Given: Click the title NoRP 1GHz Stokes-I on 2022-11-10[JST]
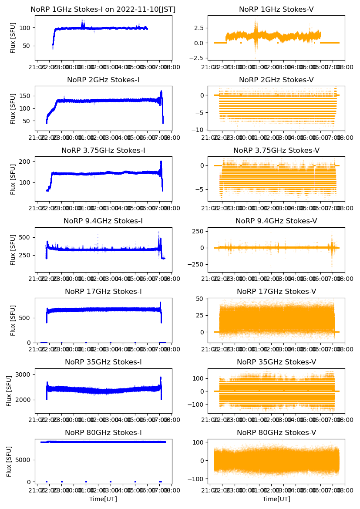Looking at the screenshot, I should tap(103, 9).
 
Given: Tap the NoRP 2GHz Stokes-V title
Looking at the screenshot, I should tap(276, 80).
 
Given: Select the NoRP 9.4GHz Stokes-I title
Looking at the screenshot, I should tap(103, 221).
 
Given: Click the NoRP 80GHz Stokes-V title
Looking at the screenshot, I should tap(276, 432).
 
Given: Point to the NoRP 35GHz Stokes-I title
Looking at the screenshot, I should tap(103, 362).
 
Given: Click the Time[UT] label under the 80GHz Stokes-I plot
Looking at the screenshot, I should tap(103, 499).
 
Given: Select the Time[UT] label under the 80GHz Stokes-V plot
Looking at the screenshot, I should tap(276, 499).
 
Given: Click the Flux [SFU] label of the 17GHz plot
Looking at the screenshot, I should tap(13, 320).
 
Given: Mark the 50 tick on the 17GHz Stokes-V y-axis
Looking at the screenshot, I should tap(201, 298).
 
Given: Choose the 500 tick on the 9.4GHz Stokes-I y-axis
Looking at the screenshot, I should tap(25, 237).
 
